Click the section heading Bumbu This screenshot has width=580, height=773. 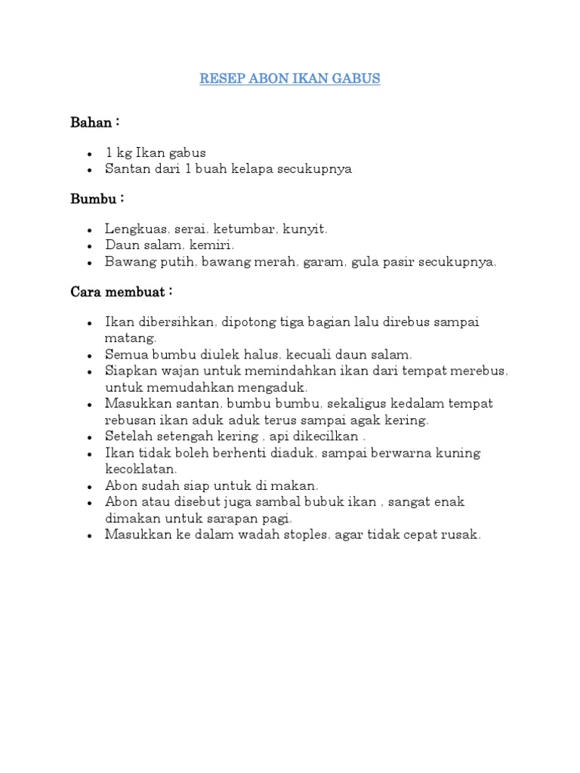94,199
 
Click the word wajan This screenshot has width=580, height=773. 177,371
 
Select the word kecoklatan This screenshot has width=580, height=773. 140,469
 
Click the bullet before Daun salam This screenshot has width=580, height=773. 89,246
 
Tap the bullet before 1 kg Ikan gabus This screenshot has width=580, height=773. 89,153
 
